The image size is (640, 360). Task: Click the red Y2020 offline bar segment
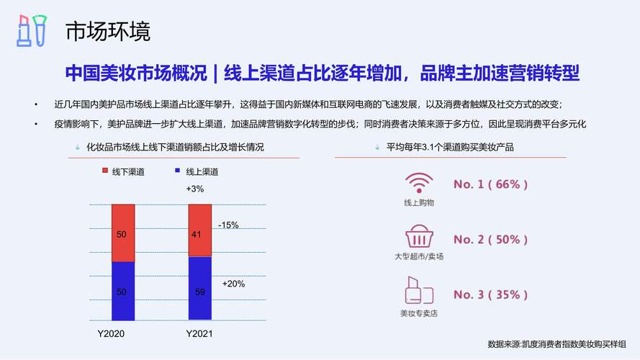pos(123,233)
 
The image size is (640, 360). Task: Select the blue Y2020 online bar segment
pos(123,291)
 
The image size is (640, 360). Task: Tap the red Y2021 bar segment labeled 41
pos(200,230)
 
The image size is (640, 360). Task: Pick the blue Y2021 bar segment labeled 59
pos(200,288)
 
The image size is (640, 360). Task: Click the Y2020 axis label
pos(111,333)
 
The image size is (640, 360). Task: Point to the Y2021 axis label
pos(199,333)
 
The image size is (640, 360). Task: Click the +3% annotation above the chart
pos(194,189)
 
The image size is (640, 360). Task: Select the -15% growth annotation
pos(228,225)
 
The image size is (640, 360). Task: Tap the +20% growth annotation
pos(233,284)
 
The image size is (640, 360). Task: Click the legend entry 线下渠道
pos(123,172)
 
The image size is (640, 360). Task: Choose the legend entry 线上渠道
pos(197,172)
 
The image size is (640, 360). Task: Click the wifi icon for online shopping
pos(419,183)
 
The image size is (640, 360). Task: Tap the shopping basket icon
pos(419,236)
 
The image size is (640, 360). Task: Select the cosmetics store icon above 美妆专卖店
pos(419,290)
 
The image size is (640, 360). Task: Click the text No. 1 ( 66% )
pos(490,184)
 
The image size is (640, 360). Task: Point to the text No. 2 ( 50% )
pos(490,240)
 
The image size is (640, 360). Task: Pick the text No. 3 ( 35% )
pos(490,294)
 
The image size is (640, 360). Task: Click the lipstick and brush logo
pos(32,31)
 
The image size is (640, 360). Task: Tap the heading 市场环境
pos(108,32)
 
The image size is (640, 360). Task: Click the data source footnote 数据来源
pos(556,344)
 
